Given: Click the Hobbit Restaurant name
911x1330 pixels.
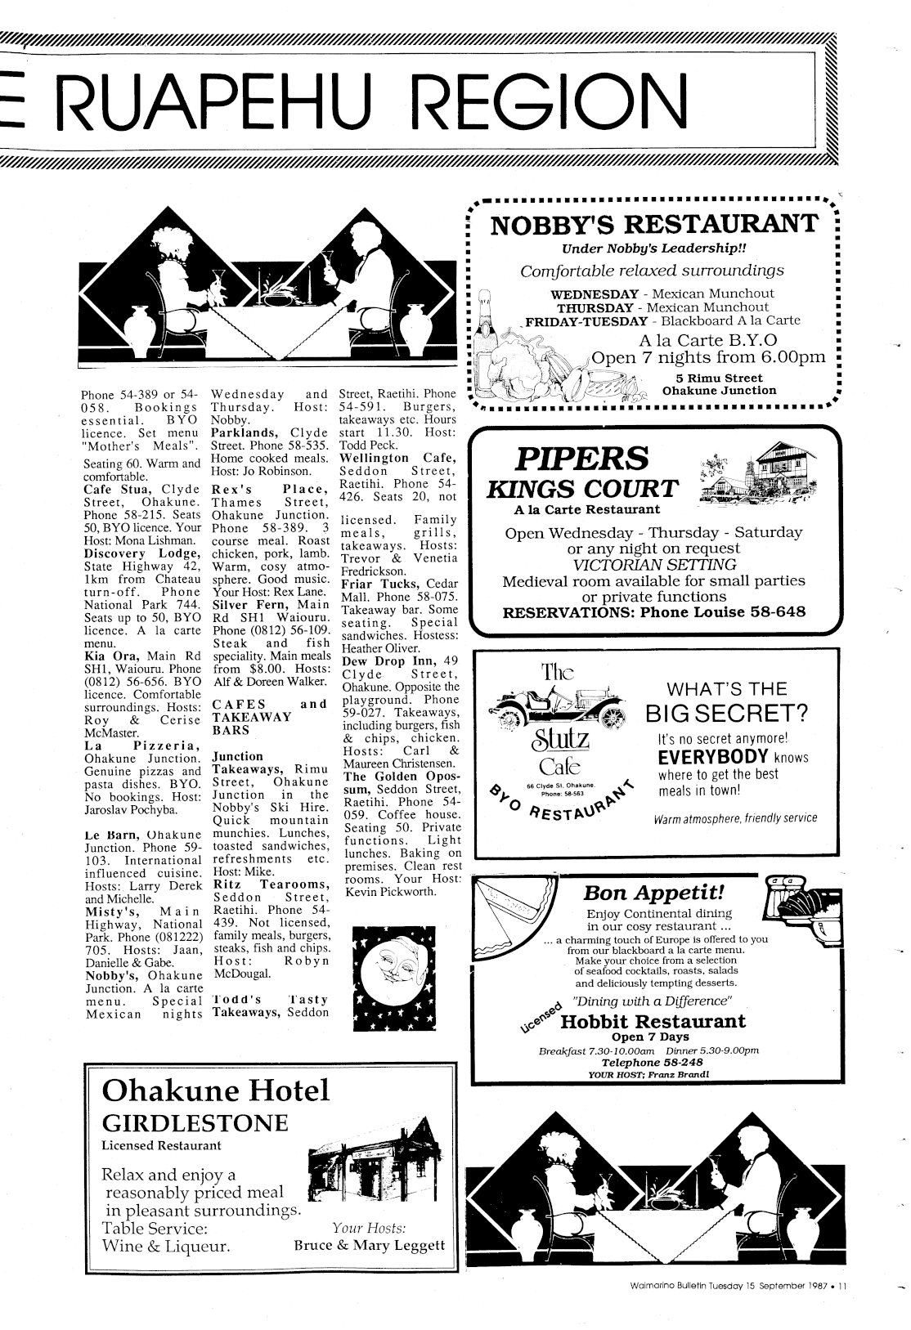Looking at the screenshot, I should [x=653, y=1021].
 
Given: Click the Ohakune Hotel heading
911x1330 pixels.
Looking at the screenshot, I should [x=215, y=1090].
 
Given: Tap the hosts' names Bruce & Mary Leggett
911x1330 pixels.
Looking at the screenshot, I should [x=369, y=1245].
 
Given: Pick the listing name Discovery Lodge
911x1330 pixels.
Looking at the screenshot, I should [x=143, y=553].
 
